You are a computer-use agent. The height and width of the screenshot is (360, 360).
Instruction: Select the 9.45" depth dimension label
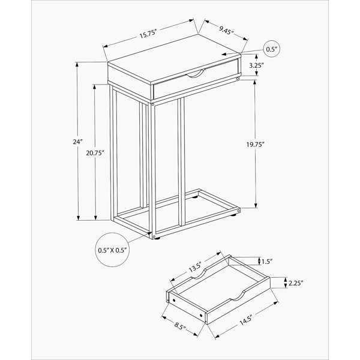226,31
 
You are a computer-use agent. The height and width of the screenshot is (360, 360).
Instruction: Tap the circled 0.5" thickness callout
272,49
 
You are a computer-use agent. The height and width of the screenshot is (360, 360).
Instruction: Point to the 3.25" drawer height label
256,65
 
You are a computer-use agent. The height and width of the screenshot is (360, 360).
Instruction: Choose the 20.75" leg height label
95,153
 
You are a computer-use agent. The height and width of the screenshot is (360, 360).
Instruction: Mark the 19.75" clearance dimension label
256,145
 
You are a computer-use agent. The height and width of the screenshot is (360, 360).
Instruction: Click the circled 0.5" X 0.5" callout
112,250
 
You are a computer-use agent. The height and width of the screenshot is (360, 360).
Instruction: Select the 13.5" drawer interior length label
195,267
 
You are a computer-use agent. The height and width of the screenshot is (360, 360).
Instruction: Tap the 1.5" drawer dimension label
267,262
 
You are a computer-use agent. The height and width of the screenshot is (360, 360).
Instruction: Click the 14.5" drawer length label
246,320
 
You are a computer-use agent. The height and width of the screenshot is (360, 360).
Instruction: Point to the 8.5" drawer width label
180,326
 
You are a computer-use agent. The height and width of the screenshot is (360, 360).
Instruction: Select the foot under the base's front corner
157,238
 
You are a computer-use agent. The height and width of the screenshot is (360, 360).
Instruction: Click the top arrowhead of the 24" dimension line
77,65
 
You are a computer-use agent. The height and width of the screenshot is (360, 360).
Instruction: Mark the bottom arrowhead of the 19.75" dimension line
256,205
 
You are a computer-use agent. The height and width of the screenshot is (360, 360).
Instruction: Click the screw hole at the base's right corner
239,211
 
